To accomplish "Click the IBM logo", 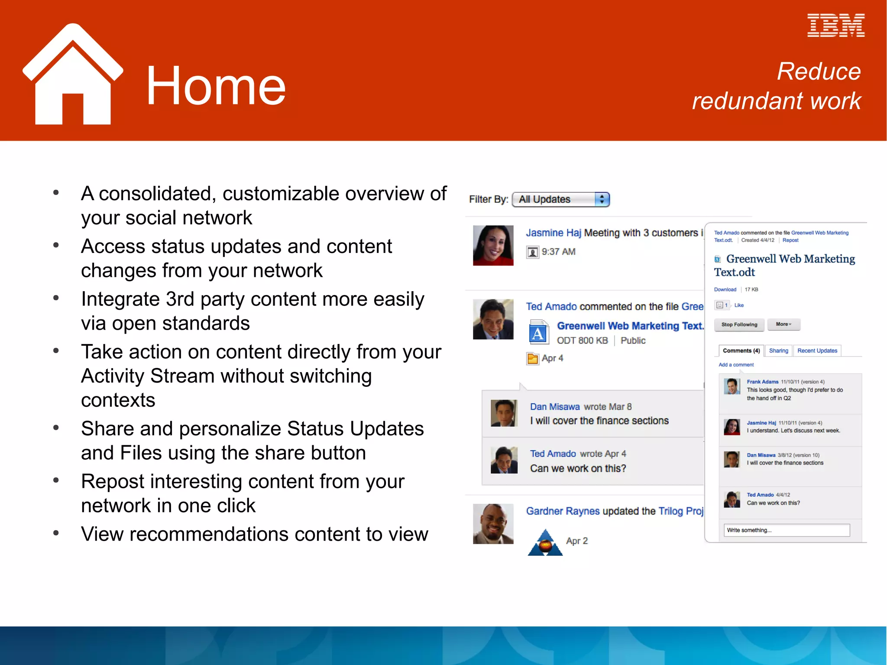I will click(x=835, y=26).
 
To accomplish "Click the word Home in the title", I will click(x=215, y=85).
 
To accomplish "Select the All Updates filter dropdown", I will click(x=561, y=199).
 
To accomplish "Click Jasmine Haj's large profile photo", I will click(x=493, y=245).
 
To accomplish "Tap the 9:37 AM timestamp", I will click(x=558, y=252).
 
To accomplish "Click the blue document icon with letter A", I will click(x=538, y=332).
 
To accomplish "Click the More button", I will click(x=783, y=324).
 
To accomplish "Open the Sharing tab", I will click(x=778, y=350).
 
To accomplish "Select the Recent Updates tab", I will click(x=817, y=350).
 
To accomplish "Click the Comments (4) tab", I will click(x=741, y=350).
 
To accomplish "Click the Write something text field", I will click(x=786, y=530).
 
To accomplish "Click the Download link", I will click(x=725, y=289).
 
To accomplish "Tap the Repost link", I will click(x=790, y=240).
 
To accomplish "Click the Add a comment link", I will click(x=736, y=365).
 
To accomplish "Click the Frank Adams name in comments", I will click(x=762, y=382).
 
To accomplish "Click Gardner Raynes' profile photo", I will click(x=493, y=523).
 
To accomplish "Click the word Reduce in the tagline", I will click(x=818, y=71).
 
